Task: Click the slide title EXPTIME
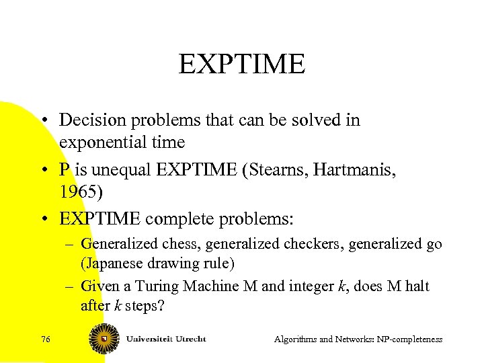pyautogui.click(x=242, y=65)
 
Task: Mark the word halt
pyautogui.click(x=416, y=286)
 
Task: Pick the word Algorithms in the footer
pyautogui.click(x=296, y=339)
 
